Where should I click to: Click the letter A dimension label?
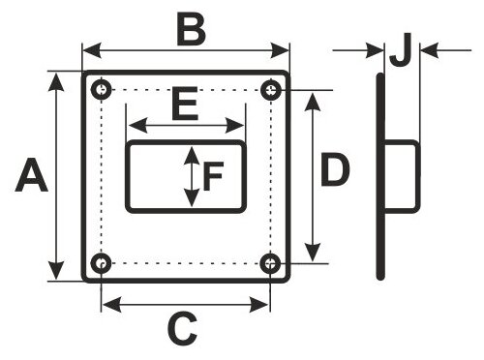click(32, 174)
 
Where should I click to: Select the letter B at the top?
click(192, 30)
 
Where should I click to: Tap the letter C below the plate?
click(182, 328)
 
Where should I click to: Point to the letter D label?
click(335, 169)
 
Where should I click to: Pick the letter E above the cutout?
click(185, 104)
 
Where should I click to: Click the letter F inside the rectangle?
click(213, 176)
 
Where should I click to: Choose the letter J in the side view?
click(400, 49)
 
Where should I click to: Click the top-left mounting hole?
click(102, 89)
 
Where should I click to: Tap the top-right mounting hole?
click(271, 89)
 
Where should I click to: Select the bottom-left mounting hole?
click(102, 263)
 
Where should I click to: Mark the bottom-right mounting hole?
click(270, 263)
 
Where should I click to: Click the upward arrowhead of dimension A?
click(56, 82)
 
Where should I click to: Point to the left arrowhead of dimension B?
click(92, 50)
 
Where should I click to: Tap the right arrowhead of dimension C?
click(258, 305)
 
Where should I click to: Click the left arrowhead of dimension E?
click(138, 125)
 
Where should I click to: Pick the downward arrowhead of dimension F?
click(192, 198)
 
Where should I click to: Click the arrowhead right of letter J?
click(430, 50)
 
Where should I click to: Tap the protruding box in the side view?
click(402, 177)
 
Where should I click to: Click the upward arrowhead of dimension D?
click(313, 102)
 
